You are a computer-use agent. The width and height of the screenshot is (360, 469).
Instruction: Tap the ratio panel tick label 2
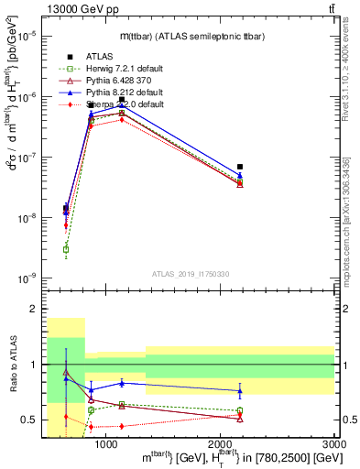(35, 310)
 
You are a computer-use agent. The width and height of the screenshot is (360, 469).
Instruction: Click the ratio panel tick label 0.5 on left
(31, 420)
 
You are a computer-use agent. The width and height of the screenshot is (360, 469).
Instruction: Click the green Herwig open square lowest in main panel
(66, 249)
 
